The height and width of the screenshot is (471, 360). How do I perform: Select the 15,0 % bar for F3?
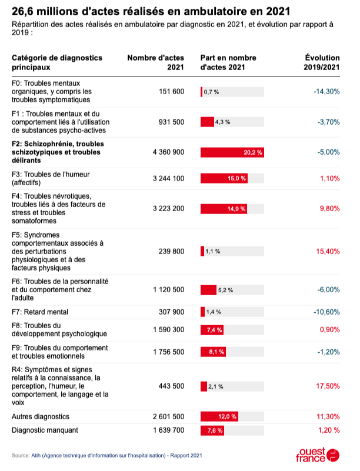[x=224, y=179]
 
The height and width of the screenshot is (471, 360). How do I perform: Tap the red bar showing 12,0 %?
[x=219, y=416]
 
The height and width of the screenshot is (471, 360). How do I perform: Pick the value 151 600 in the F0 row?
[x=172, y=92]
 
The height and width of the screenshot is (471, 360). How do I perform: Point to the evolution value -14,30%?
[x=326, y=92]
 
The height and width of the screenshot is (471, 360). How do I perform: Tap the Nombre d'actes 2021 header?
[x=156, y=62]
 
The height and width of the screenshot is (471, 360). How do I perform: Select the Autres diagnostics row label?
[x=41, y=416]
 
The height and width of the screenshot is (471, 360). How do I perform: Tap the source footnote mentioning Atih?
[x=107, y=455]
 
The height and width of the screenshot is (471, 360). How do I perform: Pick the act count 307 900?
[x=172, y=312]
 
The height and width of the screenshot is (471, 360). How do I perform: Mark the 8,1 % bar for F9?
[x=214, y=352]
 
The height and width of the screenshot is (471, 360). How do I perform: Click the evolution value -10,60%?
[x=326, y=312]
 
